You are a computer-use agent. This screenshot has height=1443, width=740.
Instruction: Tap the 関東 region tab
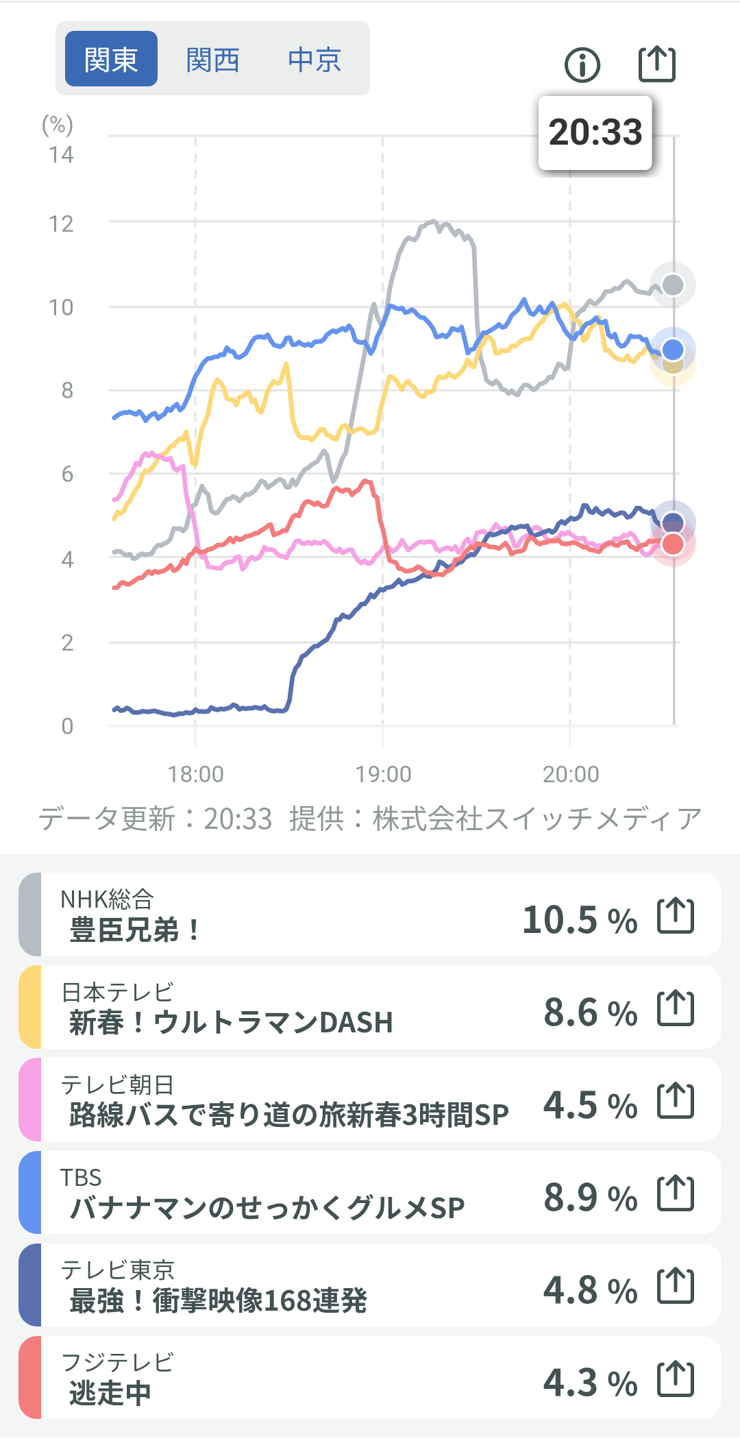[x=111, y=59]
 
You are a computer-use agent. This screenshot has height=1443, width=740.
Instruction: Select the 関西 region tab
[x=212, y=60]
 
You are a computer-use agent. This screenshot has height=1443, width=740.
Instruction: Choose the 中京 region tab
[x=314, y=60]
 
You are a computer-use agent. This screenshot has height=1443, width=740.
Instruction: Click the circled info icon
[x=582, y=65]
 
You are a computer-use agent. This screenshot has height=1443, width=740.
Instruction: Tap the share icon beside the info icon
[x=656, y=64]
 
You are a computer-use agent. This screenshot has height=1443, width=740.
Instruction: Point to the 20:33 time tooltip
[x=595, y=132]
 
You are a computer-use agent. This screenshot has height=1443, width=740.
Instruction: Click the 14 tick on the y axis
[x=61, y=155]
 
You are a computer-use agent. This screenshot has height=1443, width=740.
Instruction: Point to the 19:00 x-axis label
[x=383, y=775]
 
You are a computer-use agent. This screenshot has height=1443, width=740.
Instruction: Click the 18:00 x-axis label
[x=196, y=775]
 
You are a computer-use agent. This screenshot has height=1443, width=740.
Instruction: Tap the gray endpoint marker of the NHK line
[x=673, y=284]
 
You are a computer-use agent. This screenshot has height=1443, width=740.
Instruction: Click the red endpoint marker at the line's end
[x=673, y=544]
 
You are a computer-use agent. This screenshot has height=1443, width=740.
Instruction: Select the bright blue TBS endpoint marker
[x=673, y=350]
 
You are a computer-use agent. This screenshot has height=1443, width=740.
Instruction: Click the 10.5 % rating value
[x=580, y=920]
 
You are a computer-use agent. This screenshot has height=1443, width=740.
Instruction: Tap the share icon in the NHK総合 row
[x=676, y=915]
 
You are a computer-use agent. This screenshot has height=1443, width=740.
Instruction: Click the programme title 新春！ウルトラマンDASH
[x=231, y=1023]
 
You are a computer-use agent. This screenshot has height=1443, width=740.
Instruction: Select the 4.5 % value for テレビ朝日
[x=590, y=1105]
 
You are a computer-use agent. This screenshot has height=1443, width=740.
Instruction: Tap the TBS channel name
[x=81, y=1178]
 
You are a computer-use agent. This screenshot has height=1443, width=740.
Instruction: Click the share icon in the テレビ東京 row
[x=676, y=1286]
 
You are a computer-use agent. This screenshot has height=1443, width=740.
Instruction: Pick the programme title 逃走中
[x=110, y=1393]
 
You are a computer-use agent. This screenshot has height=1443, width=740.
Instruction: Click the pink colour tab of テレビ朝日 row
[x=30, y=1100]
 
